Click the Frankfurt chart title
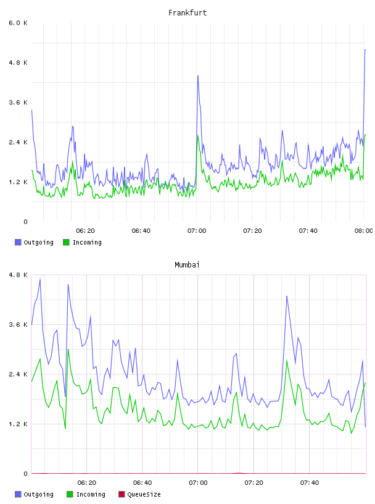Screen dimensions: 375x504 tap(187, 13)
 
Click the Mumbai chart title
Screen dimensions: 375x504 tap(187, 265)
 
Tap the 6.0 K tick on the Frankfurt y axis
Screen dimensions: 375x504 tap(18, 23)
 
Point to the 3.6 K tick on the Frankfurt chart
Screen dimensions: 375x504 tap(18, 103)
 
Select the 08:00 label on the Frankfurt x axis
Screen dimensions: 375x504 tap(363, 231)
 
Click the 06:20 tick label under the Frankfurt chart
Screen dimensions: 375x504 tap(85, 231)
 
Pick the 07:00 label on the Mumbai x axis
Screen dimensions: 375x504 tap(198, 483)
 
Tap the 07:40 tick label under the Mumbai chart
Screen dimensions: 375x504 tap(310, 483)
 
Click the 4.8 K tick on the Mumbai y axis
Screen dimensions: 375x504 tap(18, 275)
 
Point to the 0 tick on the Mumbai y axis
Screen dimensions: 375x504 tap(26, 474)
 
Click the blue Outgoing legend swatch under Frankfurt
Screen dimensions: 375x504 tap(18, 242)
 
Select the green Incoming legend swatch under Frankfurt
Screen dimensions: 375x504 tap(66, 242)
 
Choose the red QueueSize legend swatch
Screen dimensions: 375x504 tap(122, 494)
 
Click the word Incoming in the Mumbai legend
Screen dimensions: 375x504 tap(91, 495)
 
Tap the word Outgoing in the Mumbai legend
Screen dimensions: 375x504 tap(38, 495)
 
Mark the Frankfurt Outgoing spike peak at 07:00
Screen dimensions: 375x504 tap(198, 76)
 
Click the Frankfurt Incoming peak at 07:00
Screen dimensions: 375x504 tap(198, 136)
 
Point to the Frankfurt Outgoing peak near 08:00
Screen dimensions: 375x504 tap(365, 50)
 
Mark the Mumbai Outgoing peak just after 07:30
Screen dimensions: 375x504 tap(287, 296)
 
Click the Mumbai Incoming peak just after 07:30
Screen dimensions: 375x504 tap(287, 361)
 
